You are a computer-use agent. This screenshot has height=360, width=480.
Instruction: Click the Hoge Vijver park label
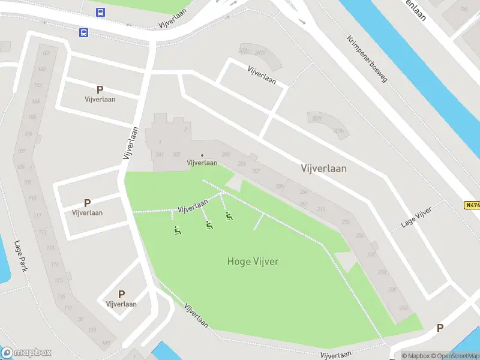tap(253, 261)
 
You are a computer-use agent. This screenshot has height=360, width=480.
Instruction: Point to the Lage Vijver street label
tap(416, 218)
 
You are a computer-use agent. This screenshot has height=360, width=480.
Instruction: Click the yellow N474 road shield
tap(472, 205)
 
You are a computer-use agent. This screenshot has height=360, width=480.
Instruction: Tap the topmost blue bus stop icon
tap(100, 12)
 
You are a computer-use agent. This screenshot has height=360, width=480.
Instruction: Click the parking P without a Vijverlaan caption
tap(440, 328)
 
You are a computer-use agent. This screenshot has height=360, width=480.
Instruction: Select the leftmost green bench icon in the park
tap(177, 230)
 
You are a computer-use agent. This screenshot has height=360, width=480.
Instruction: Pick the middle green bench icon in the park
tap(209, 225)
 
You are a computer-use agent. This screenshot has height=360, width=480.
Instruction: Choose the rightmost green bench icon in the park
tap(229, 216)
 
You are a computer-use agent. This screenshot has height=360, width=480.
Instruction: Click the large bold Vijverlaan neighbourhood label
tap(323, 169)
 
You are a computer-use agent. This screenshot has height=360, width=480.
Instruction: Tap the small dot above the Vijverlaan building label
tap(202, 155)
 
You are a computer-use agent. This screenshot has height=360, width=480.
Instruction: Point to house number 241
tap(160, 155)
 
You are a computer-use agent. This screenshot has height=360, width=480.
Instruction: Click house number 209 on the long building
tap(280, 187)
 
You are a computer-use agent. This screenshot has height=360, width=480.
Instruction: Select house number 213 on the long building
tap(321, 209)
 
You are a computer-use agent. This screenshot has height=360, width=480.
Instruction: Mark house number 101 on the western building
tap(46, 53)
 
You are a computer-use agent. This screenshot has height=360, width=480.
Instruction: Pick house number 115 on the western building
tap(59, 280)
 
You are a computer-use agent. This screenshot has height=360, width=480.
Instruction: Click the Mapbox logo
tap(26, 353)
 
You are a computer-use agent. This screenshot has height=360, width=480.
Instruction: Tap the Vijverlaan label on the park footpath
tap(193, 207)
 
